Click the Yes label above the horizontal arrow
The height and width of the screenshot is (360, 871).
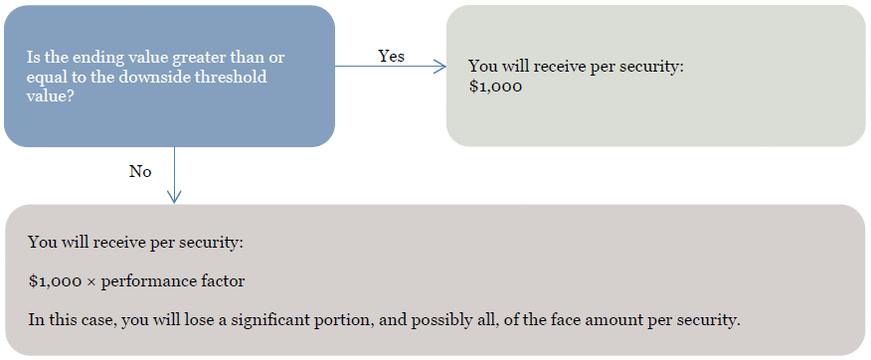click(391, 56)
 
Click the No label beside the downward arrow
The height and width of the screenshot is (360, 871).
click(140, 172)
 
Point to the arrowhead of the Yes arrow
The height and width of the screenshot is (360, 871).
click(439, 67)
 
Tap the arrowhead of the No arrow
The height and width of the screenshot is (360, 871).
click(174, 197)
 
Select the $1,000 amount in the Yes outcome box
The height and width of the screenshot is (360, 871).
click(495, 88)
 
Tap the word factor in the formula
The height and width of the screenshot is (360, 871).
click(226, 281)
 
